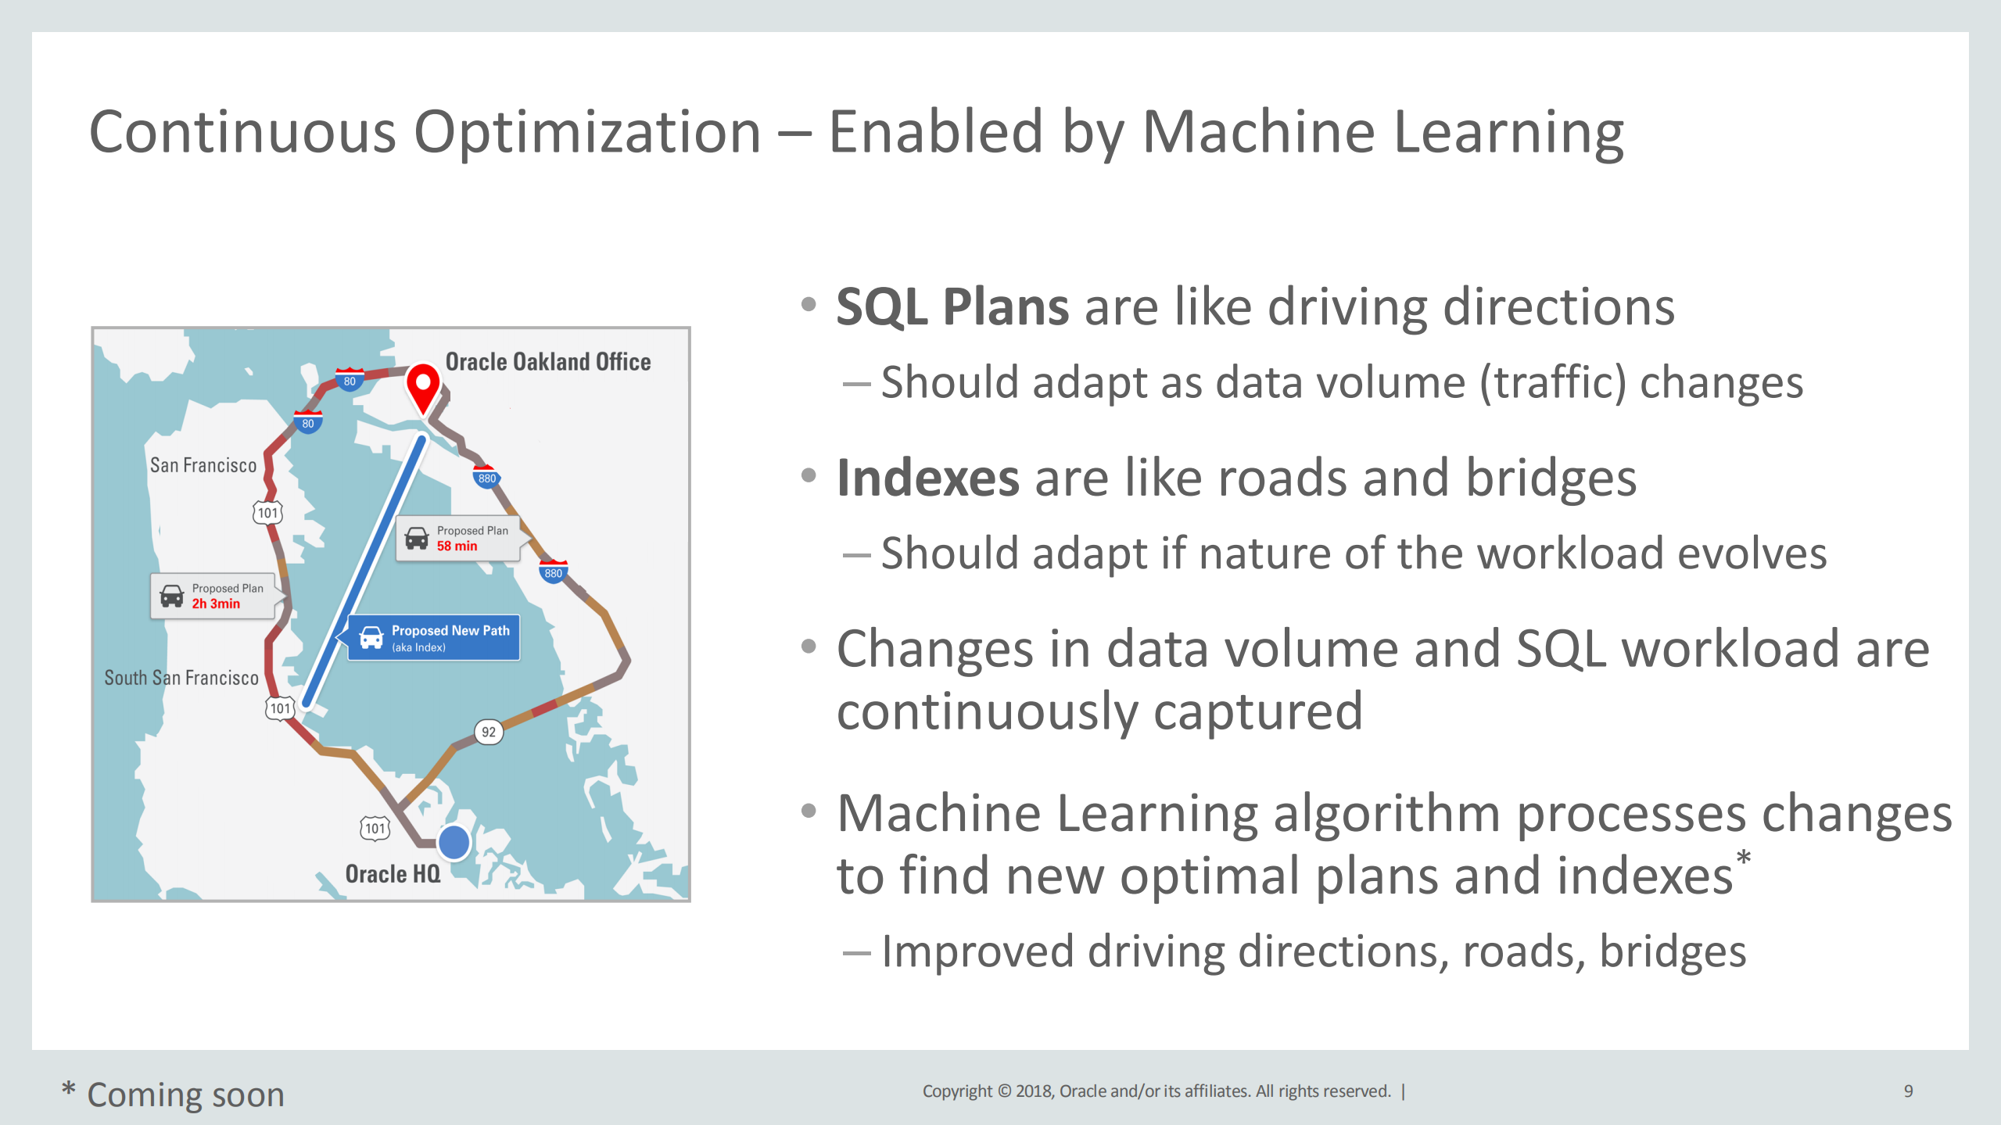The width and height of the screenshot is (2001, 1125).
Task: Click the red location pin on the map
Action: pyautogui.click(x=423, y=388)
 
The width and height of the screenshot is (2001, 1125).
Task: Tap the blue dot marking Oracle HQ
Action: pyautogui.click(x=454, y=842)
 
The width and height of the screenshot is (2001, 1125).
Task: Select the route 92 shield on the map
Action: pyautogui.click(x=489, y=732)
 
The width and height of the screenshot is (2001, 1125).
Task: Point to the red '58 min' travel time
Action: pyautogui.click(x=457, y=546)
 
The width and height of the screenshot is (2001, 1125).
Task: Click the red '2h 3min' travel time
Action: pyautogui.click(x=216, y=604)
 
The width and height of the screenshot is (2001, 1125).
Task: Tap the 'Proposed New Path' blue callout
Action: pyautogui.click(x=433, y=638)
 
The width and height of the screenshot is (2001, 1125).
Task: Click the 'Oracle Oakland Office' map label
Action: pyautogui.click(x=548, y=362)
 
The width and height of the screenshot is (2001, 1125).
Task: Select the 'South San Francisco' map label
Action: pyautogui.click(x=181, y=678)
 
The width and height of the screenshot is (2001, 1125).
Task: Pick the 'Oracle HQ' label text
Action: pyautogui.click(x=393, y=873)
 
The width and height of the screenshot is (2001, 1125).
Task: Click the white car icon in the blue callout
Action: pyautogui.click(x=371, y=638)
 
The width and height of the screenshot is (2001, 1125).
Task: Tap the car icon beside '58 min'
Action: pyautogui.click(x=417, y=538)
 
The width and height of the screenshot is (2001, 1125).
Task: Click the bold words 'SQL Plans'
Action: pyautogui.click(x=952, y=306)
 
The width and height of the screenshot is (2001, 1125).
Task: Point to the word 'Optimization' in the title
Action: pyautogui.click(x=587, y=132)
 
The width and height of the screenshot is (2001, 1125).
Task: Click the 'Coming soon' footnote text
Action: pyautogui.click(x=185, y=1095)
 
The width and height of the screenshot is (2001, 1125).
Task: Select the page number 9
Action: pyautogui.click(x=1908, y=1091)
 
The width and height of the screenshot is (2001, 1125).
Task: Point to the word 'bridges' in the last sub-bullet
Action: pyautogui.click(x=1673, y=951)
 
